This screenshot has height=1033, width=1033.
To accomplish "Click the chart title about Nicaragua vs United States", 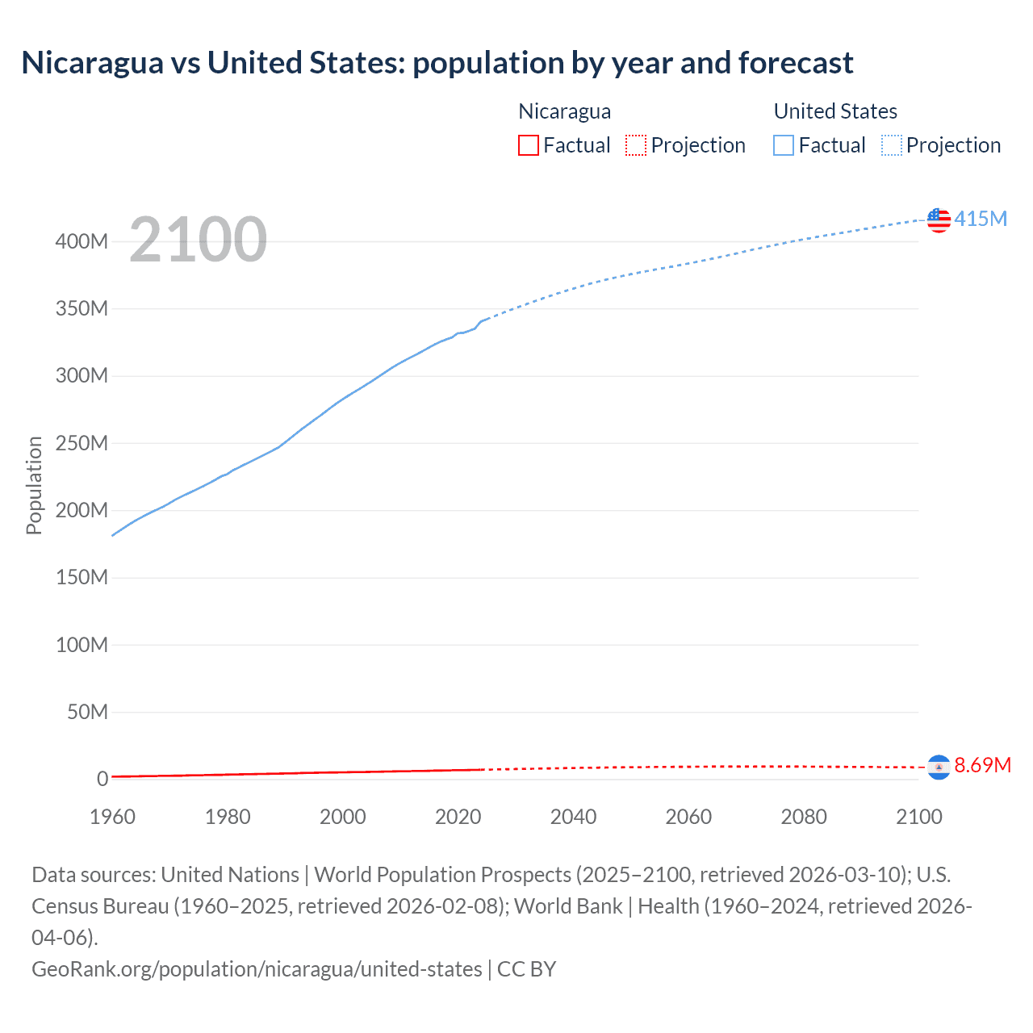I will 437,63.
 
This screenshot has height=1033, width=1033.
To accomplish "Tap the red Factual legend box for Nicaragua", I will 528,145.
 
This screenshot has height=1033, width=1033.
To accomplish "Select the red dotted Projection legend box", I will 636,145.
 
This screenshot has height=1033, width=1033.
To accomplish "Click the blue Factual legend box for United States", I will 783,145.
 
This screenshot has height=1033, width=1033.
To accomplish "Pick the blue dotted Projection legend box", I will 892,145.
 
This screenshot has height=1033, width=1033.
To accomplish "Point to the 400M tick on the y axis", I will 82,241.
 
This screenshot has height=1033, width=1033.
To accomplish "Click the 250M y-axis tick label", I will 82,443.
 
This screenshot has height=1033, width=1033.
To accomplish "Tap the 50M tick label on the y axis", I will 87,712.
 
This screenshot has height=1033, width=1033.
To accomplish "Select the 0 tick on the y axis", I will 102,779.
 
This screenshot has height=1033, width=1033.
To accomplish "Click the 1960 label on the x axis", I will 112,817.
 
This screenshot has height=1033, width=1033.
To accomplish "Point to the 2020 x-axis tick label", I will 458,817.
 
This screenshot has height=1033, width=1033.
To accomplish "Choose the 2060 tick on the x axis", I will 688,817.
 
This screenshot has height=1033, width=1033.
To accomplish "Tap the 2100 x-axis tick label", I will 918,817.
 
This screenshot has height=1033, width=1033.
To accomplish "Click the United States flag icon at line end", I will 939,220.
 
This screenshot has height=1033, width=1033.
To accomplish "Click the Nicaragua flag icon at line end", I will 939,767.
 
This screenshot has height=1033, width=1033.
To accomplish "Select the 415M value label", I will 981,219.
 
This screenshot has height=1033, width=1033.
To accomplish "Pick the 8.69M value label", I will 982,765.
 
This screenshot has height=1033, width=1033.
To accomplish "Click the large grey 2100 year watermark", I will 198,240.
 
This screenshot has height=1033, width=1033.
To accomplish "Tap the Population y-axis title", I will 34,485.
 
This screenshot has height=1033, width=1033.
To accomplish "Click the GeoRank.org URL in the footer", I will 257,968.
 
